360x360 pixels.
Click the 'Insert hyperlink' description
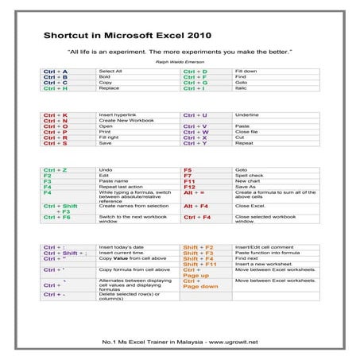117,114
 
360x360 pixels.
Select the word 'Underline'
248,114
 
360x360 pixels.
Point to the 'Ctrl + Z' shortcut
56,170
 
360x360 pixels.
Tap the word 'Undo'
106,170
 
